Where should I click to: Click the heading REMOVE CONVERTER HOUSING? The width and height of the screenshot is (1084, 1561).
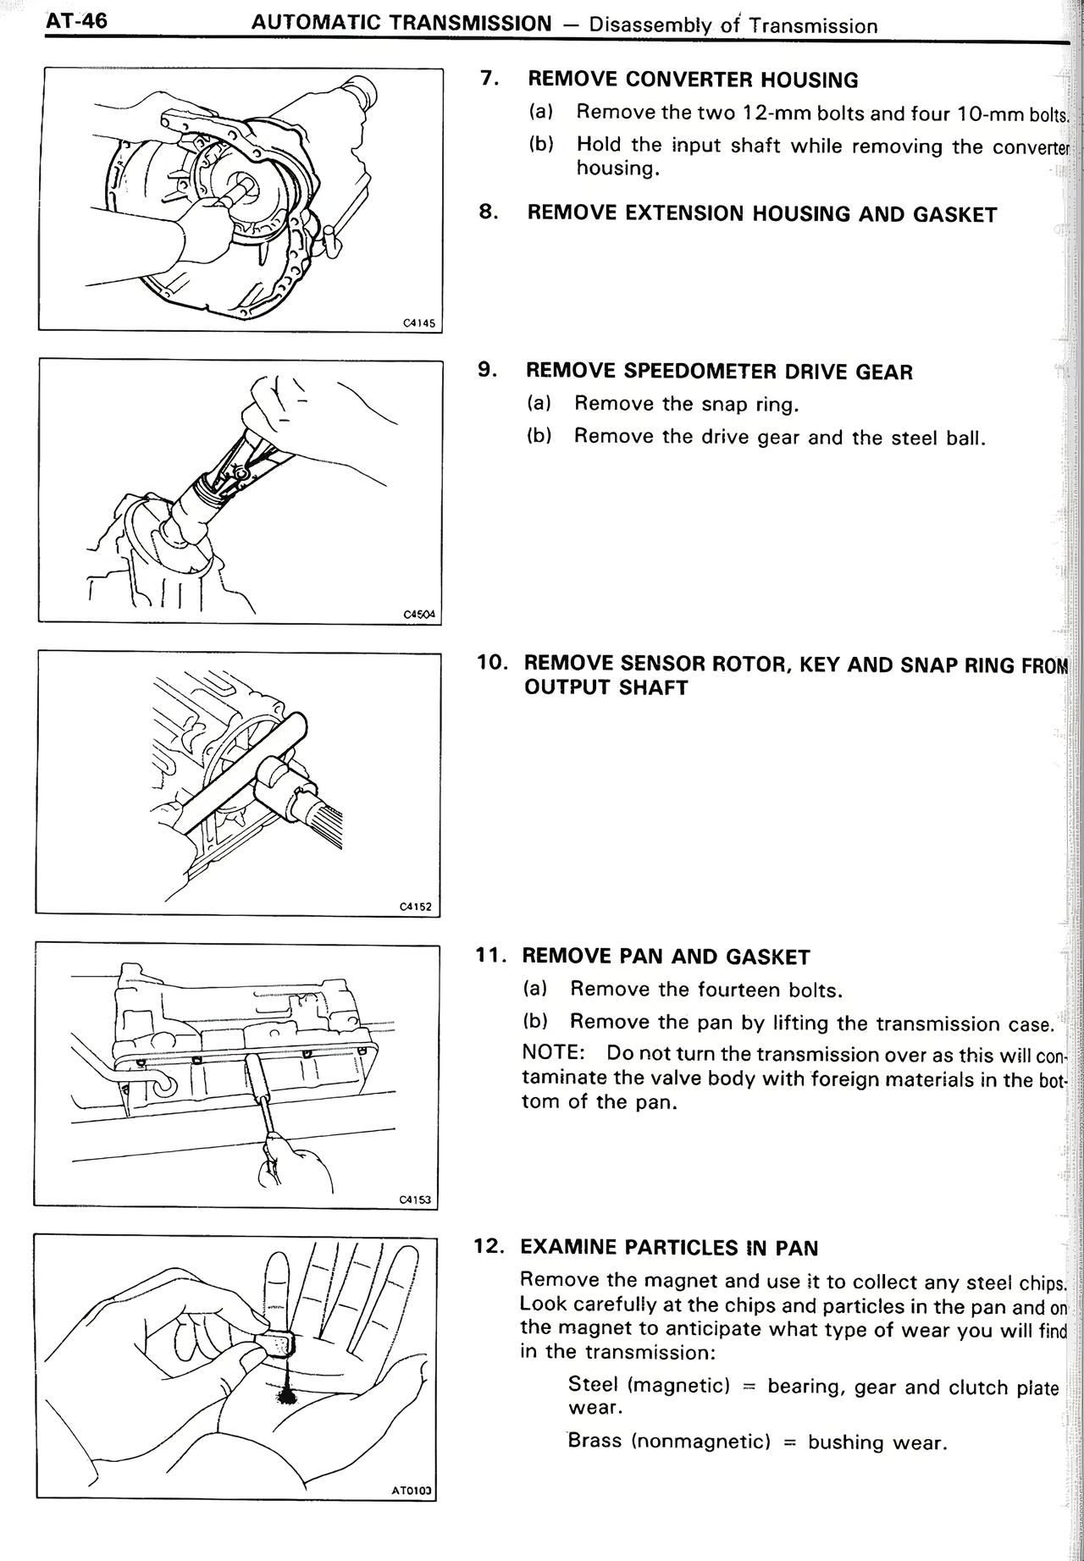tap(692, 80)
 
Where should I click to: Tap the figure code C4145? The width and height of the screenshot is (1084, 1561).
tap(418, 323)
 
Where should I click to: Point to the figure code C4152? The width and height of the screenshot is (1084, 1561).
tap(416, 907)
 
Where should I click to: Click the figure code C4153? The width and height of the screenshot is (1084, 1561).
tap(415, 1199)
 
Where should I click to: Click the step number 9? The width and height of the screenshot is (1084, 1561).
tap(486, 370)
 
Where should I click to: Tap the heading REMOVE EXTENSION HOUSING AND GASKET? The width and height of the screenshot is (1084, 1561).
tap(761, 214)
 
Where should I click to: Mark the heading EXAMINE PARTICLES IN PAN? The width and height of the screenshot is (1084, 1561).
tap(669, 1248)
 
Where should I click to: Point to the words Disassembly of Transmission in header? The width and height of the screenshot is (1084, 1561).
tap(733, 25)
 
